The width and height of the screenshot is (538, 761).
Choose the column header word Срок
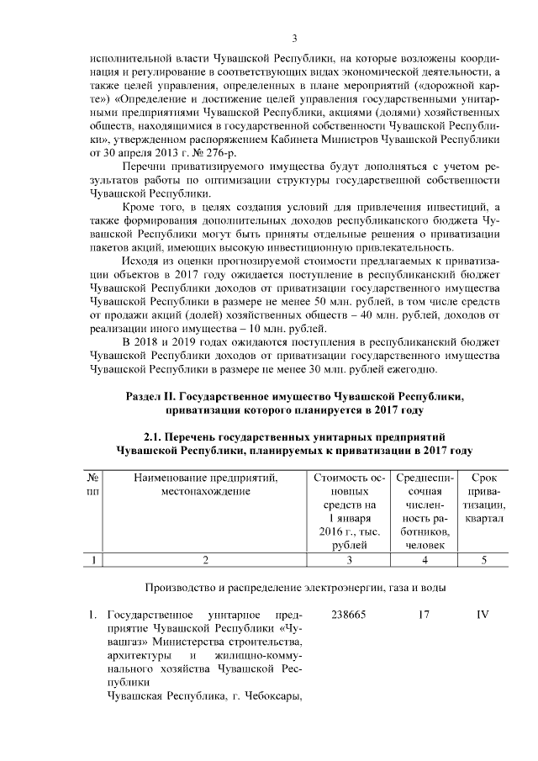pos(483,478)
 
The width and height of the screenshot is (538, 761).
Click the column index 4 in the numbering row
pos(424,560)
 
